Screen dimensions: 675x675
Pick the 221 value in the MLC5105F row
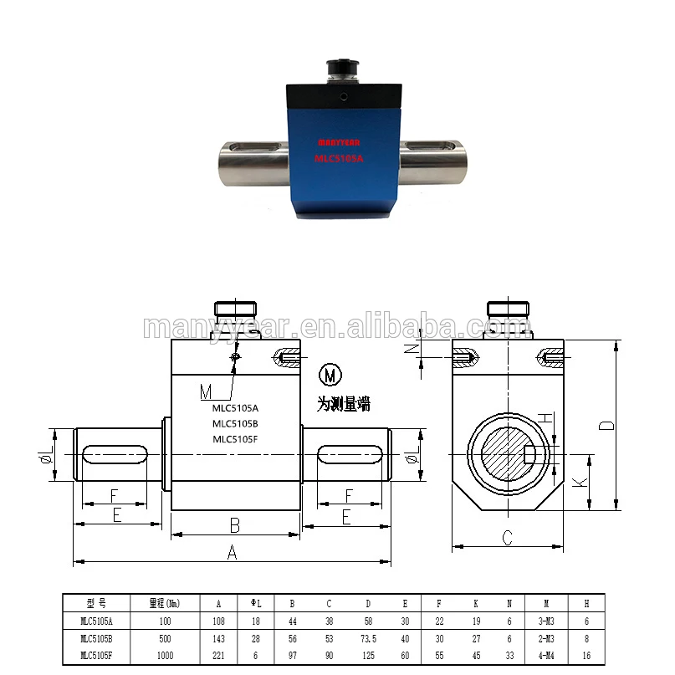coord(219,655)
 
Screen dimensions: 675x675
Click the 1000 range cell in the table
coord(165,655)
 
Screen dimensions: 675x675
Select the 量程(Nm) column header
coord(165,603)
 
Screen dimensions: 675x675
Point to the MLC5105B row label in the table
coord(96,637)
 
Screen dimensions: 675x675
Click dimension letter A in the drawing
coord(233,552)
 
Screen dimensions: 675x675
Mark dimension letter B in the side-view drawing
coord(235,525)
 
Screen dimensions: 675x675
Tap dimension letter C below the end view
coord(507,539)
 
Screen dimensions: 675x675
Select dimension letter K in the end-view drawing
coord(576,483)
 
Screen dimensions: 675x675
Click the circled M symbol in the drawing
coord(330,374)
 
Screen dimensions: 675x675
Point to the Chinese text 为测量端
coord(343,404)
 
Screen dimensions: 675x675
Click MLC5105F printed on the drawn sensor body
coord(235,438)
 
